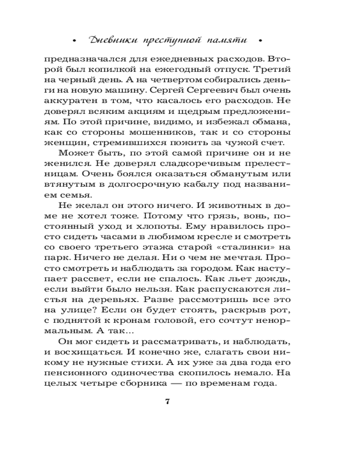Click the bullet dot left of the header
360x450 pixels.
coord(74,41)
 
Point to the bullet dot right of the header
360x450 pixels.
coord(260,41)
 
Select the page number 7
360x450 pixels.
coord(167,401)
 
